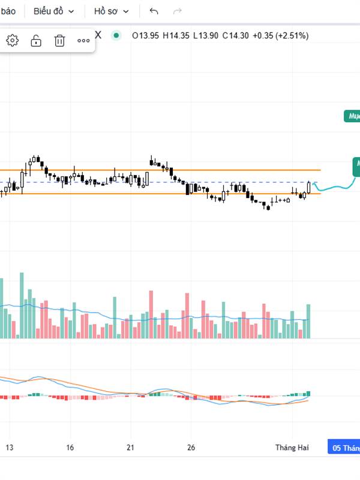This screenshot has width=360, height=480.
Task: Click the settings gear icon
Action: tap(13, 41)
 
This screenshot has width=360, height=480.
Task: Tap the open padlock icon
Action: tap(36, 41)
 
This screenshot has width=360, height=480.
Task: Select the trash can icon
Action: tap(59, 41)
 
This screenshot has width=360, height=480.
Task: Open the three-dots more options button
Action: tap(83, 41)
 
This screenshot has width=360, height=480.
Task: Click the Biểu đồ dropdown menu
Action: tap(54, 11)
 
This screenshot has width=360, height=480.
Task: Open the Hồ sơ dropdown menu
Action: tap(111, 11)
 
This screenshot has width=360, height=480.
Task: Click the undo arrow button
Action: tap(154, 11)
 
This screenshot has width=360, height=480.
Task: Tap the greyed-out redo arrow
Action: tap(177, 11)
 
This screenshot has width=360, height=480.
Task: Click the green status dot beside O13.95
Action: tap(116, 35)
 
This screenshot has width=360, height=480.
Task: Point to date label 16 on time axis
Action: tap(70, 448)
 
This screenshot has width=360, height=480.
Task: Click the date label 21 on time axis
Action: tap(130, 448)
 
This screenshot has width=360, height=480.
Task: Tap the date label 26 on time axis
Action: tap(191, 448)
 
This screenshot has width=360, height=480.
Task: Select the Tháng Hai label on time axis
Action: tap(292, 448)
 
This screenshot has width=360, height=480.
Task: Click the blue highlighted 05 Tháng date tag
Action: tap(345, 448)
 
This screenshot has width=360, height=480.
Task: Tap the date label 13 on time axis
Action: tap(9, 448)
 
